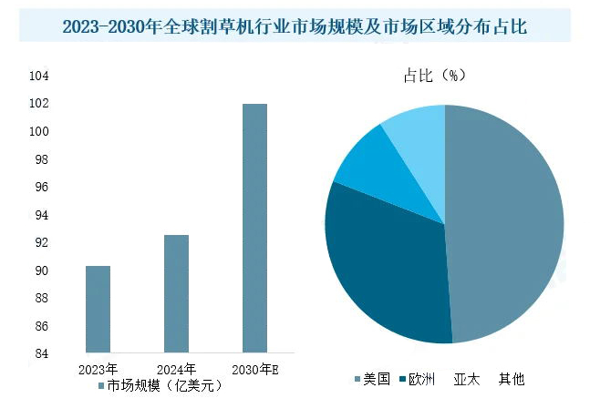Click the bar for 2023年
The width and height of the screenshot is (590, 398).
coord(98,309)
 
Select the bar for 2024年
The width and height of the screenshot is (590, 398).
coord(176,293)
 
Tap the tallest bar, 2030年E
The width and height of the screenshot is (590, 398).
coord(254,228)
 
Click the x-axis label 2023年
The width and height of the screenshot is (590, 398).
coord(98,369)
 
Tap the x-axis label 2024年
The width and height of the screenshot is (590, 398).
coord(176,369)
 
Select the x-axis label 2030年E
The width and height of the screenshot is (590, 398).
coord(255,369)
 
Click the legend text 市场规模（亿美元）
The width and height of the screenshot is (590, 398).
coord(164,385)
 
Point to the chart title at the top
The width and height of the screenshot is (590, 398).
coord(294,27)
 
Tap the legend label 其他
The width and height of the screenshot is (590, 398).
coord(512,379)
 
